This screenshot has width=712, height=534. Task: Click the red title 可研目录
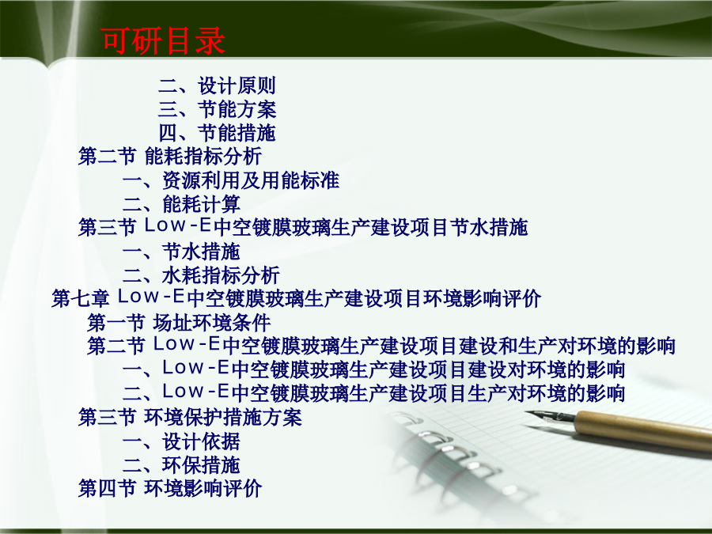click(163, 40)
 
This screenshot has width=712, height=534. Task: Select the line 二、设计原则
click(217, 85)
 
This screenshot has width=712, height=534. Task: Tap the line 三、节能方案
click(217, 109)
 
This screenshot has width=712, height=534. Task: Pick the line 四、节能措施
click(217, 133)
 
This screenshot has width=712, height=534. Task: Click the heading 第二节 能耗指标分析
click(170, 156)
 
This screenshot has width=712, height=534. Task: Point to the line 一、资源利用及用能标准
click(231, 180)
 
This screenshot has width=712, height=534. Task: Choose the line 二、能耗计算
click(181, 204)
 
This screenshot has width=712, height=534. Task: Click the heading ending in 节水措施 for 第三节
click(303, 227)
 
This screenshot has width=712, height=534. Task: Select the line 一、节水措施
click(181, 251)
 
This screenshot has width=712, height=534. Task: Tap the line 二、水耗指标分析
click(201, 275)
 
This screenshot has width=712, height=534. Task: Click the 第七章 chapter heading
click(296, 298)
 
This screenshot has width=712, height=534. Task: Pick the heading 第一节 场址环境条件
click(179, 323)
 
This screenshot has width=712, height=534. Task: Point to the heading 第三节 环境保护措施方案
click(190, 417)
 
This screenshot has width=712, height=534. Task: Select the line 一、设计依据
click(181, 441)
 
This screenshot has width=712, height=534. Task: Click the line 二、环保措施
click(181, 464)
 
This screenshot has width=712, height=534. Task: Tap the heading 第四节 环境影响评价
click(170, 488)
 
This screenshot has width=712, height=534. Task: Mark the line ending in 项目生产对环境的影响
click(373, 392)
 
